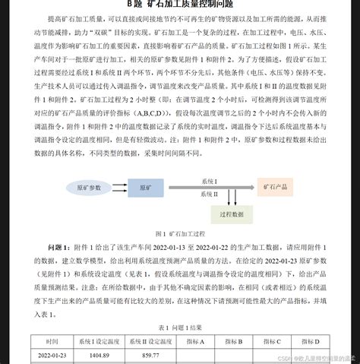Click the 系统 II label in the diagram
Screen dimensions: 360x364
(x=210, y=194)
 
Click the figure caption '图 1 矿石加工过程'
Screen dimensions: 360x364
(x=179, y=234)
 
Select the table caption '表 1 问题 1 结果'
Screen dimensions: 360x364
(x=180, y=328)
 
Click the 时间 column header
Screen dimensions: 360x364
(x=52, y=341)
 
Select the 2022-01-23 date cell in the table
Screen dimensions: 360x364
(x=52, y=355)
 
